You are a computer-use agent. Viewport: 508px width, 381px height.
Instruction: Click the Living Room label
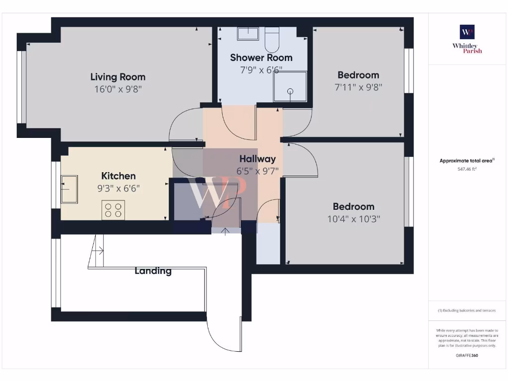[118, 77]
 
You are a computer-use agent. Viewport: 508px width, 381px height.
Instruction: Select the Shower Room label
[261, 58]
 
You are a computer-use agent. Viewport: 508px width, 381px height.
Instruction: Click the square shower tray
[290, 87]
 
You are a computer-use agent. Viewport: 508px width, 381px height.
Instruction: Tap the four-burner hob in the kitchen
[113, 210]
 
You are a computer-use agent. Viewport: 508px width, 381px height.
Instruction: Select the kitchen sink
[69, 189]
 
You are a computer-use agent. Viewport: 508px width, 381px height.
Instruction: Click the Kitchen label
[118, 176]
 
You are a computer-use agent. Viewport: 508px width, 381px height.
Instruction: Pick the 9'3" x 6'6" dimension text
[118, 189]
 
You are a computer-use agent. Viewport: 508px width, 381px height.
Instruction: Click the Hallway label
[257, 159]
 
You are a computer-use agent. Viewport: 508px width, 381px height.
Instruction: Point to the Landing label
[153, 271]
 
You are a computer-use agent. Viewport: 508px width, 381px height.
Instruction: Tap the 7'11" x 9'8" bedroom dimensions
[358, 87]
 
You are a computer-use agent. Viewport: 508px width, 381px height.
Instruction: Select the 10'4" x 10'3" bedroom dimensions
[353, 219]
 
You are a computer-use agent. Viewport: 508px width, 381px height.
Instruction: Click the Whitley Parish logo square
[467, 32]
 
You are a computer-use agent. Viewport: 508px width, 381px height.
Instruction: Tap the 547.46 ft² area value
[467, 169]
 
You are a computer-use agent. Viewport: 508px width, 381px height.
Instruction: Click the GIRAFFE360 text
[467, 355]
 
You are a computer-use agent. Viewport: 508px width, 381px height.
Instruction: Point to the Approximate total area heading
[466, 161]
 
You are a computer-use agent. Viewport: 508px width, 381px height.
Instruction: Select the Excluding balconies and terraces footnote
[467, 311]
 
